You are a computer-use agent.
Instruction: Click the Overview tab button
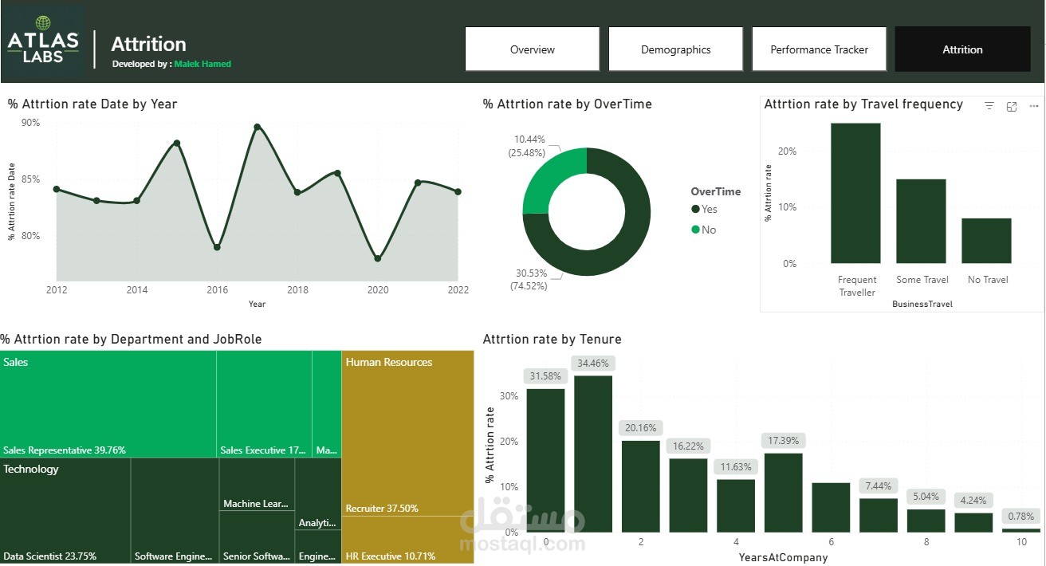click(532, 49)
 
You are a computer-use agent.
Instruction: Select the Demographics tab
click(675, 49)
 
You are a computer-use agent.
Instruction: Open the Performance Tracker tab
click(819, 49)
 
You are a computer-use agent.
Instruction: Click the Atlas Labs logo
click(43, 41)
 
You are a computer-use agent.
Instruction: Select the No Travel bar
click(986, 241)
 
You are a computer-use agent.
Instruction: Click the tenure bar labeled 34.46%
click(593, 454)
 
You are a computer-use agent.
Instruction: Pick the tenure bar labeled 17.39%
click(783, 492)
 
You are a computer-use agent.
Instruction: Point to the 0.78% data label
click(1020, 517)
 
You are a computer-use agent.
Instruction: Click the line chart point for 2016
click(217, 247)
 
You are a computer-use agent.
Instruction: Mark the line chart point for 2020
click(377, 258)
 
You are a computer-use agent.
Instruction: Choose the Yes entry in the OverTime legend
click(705, 209)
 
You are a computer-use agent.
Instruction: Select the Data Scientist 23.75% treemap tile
click(65, 510)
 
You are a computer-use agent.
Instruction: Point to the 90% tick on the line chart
click(30, 123)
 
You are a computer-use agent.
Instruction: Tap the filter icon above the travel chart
click(989, 106)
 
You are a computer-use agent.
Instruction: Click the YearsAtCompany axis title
click(783, 557)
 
